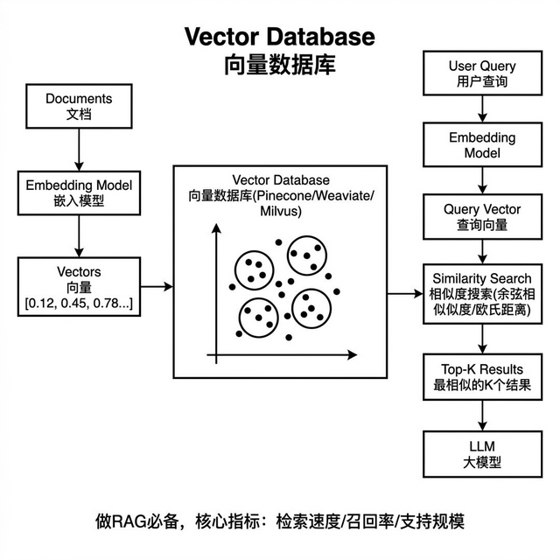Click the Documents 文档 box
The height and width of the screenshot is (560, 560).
pos(79,106)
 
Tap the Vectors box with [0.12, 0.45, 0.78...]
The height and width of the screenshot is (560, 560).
pos(79,286)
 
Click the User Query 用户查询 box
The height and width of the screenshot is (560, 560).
pos(481,73)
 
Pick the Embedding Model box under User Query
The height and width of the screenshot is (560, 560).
pos(481,145)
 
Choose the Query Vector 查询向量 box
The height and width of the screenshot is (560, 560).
pos(481,217)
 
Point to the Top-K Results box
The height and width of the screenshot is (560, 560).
pos(481,375)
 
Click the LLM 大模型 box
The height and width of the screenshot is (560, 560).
pos(481,454)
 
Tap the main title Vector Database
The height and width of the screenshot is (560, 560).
pos(279,38)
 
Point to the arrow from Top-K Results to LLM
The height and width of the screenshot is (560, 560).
pos(481,414)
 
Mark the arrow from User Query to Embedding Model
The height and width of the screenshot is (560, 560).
pos(481,108)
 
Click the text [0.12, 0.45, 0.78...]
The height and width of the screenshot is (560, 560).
pos(79,303)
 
